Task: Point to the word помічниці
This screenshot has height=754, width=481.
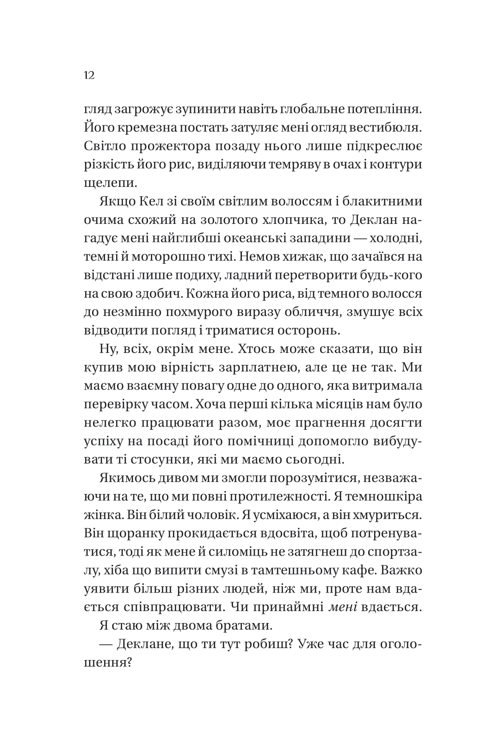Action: point(259,441)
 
